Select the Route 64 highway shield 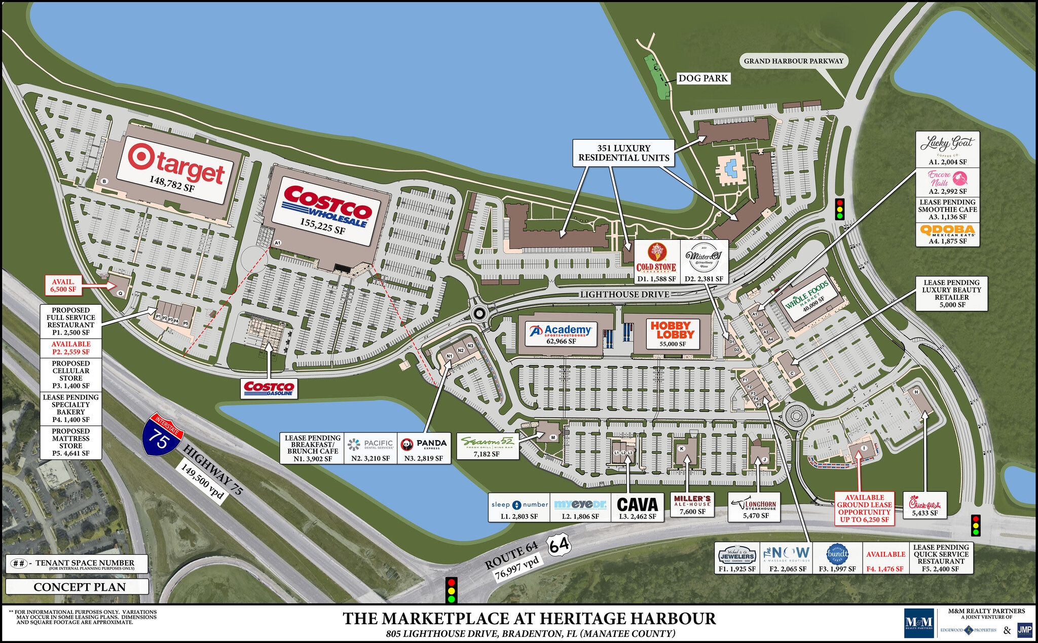[x=559, y=546]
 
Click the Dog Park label [x=702, y=78]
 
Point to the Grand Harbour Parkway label [x=793, y=61]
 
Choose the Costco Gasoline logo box [x=269, y=388]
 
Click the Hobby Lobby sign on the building [x=672, y=330]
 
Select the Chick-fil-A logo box [x=924, y=505]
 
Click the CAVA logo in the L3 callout [x=637, y=504]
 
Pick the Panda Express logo [x=424, y=444]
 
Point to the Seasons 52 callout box [x=487, y=446]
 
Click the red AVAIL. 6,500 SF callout [x=63, y=285]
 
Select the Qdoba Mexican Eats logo [x=947, y=231]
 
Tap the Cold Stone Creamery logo [x=656, y=258]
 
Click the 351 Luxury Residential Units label [x=623, y=153]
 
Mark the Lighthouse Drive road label [x=624, y=294]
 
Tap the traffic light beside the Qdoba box [x=840, y=209]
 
